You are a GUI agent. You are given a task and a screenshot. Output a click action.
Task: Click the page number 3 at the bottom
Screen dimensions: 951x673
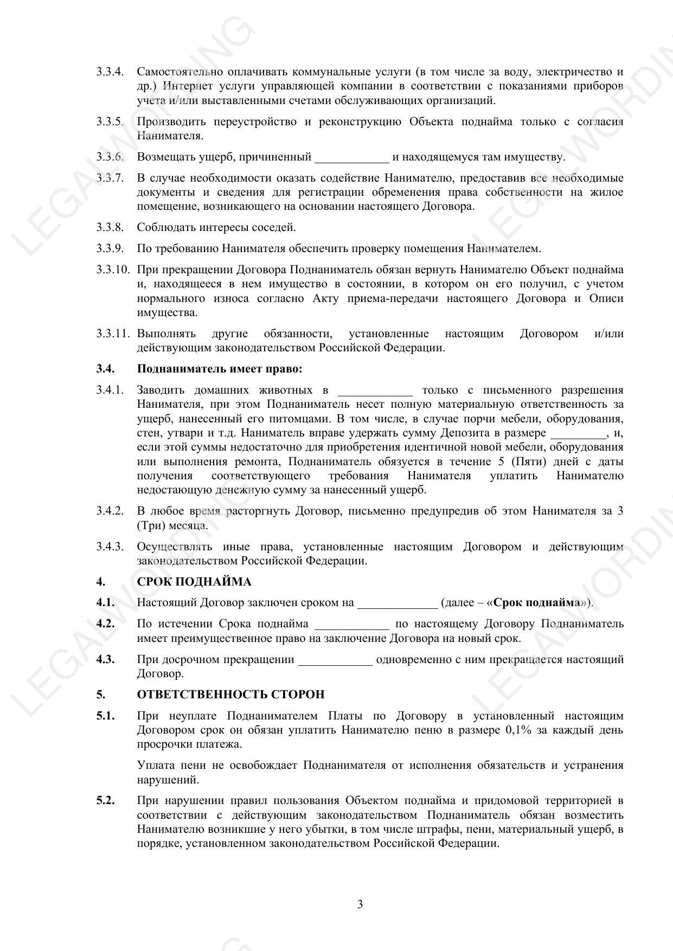click(x=360, y=904)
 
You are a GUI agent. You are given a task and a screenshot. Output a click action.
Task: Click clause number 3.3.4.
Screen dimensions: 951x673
click(x=110, y=72)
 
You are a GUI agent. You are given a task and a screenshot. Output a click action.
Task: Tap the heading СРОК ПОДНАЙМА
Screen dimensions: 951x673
click(x=194, y=582)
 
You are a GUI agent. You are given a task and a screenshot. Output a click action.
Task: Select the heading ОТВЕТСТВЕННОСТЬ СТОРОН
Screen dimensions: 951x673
click(x=230, y=695)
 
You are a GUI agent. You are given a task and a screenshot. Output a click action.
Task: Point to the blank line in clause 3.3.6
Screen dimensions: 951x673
click(x=352, y=158)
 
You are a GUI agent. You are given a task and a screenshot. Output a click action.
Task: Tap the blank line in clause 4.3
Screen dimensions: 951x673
click(x=336, y=661)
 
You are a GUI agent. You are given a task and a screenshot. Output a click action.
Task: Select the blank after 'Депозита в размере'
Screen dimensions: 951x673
click(x=579, y=434)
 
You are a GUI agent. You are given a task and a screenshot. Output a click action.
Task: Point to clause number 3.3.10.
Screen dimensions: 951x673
click(x=113, y=269)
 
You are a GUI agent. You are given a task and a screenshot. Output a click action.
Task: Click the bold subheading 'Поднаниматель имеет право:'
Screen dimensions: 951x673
click(x=220, y=369)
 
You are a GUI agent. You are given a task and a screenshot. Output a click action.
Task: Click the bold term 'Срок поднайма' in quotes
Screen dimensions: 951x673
click(x=537, y=602)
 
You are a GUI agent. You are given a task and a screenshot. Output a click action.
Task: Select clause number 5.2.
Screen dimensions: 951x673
click(x=105, y=800)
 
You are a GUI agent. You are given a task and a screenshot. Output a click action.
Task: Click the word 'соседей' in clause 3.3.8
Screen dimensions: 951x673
click(x=275, y=227)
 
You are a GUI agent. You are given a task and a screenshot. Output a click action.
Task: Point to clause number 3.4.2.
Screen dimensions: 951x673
click(x=110, y=511)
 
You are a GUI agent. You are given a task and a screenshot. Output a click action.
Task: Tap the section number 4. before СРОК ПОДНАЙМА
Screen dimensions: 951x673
click(x=100, y=582)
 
